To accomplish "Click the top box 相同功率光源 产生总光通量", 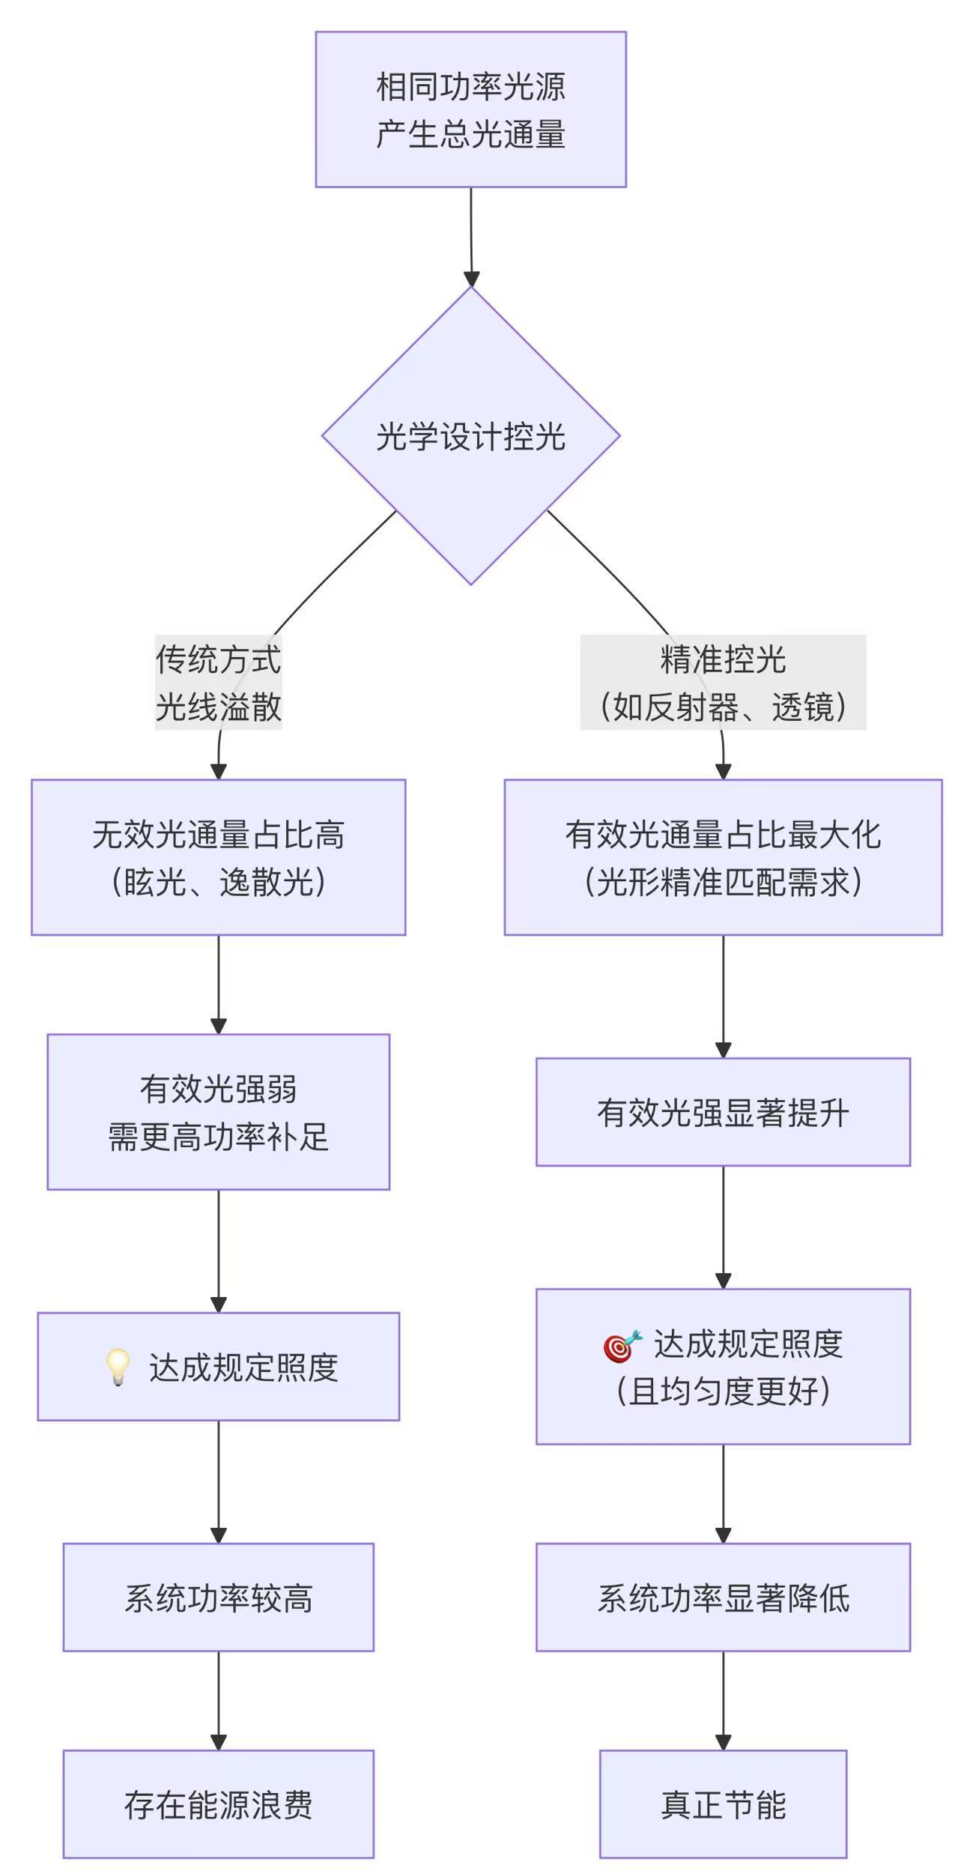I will pos(470,109).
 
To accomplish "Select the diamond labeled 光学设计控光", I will pos(470,435).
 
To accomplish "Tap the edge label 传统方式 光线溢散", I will pos(218,683).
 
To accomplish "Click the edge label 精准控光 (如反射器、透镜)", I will pos(723,683).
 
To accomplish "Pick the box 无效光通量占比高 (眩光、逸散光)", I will pos(218,857).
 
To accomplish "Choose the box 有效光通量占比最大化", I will pos(723,857).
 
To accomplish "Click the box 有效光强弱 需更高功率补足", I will pos(218,1112).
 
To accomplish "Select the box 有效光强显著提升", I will pos(723,1112).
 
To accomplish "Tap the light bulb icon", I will pos(118,1367).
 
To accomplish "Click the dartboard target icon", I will pos(622,1346).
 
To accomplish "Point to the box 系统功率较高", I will pos(218,1597).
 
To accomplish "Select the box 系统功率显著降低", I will pos(723,1597).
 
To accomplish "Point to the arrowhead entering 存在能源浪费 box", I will pos(218,1742).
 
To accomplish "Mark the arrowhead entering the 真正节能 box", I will pos(723,1742).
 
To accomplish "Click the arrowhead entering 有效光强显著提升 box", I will pos(723,1050).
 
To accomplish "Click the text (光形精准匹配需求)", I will pos(723,882).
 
